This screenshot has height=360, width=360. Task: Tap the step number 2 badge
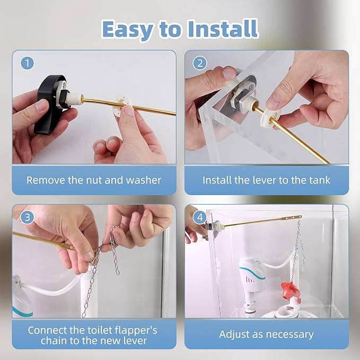coord(200,63)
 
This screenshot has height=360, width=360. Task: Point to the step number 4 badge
coord(200,217)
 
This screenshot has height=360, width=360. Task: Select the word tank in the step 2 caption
coord(319,180)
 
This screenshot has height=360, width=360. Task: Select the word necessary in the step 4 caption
coord(289,335)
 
